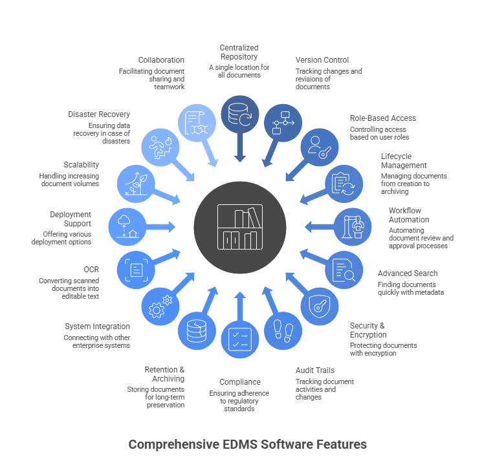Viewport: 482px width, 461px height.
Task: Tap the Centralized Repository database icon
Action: click(x=239, y=114)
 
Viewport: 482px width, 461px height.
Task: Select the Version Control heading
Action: click(x=322, y=60)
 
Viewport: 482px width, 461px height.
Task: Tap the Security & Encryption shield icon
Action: click(x=320, y=306)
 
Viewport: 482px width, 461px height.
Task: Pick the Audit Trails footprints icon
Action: click(x=283, y=330)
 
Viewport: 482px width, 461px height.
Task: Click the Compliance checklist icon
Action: click(x=239, y=339)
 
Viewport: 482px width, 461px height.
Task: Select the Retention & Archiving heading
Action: click(x=164, y=374)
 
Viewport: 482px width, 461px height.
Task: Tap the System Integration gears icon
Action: click(x=159, y=306)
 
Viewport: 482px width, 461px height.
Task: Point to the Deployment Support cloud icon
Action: click(x=127, y=226)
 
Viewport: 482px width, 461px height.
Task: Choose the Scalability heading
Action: click(x=82, y=165)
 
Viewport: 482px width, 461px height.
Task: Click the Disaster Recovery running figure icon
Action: click(x=159, y=147)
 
